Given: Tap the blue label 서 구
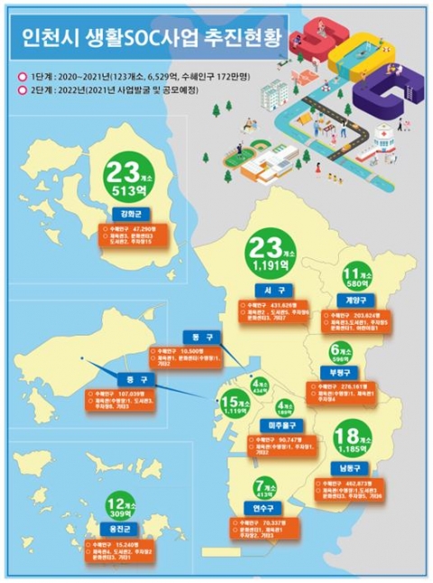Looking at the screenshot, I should point(269,291).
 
